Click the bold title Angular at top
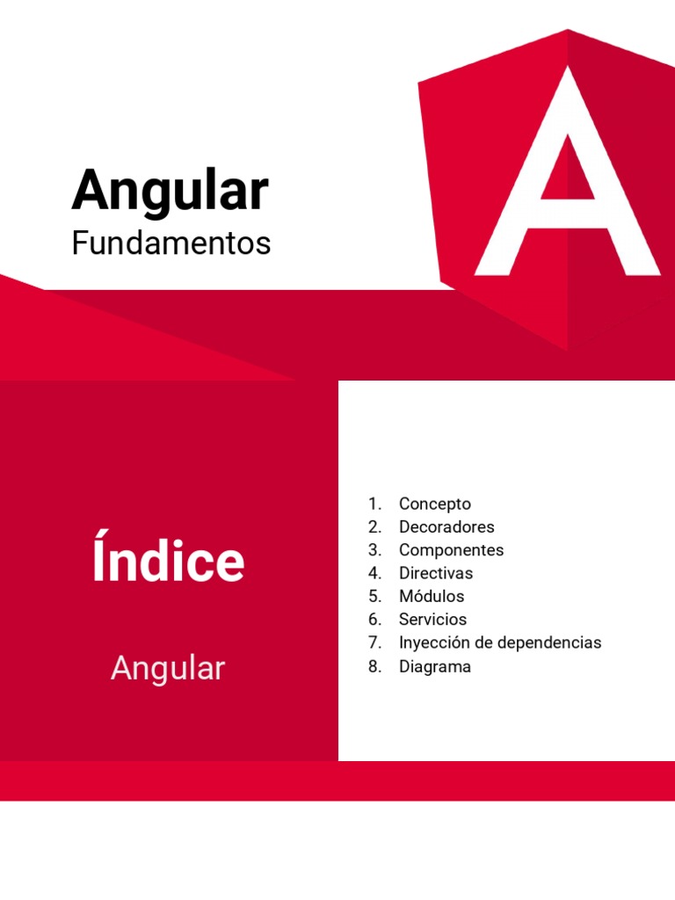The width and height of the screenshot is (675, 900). point(170,191)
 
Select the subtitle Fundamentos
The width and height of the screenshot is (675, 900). point(171,243)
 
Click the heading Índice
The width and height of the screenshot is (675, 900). point(168,562)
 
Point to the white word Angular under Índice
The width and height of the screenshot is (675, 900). point(168,669)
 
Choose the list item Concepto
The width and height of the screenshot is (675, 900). point(434,504)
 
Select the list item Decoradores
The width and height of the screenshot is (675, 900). point(446,526)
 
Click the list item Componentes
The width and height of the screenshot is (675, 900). point(451,550)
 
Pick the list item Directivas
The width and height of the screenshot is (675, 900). point(435,573)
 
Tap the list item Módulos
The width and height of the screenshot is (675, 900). point(431,596)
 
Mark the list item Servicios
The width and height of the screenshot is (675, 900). point(432,619)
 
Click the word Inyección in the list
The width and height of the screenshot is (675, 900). point(432,642)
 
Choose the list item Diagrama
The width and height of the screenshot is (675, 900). point(434,666)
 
